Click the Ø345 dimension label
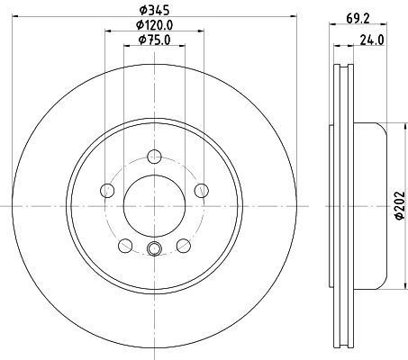click(154, 10)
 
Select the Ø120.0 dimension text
click(154, 25)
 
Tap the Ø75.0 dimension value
click(154, 40)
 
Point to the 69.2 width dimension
click(358, 19)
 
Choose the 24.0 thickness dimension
click(372, 40)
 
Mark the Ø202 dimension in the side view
click(400, 206)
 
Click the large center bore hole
click(154, 206)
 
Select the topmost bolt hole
click(154, 157)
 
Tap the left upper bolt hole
click(107, 190)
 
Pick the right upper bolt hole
click(202, 190)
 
